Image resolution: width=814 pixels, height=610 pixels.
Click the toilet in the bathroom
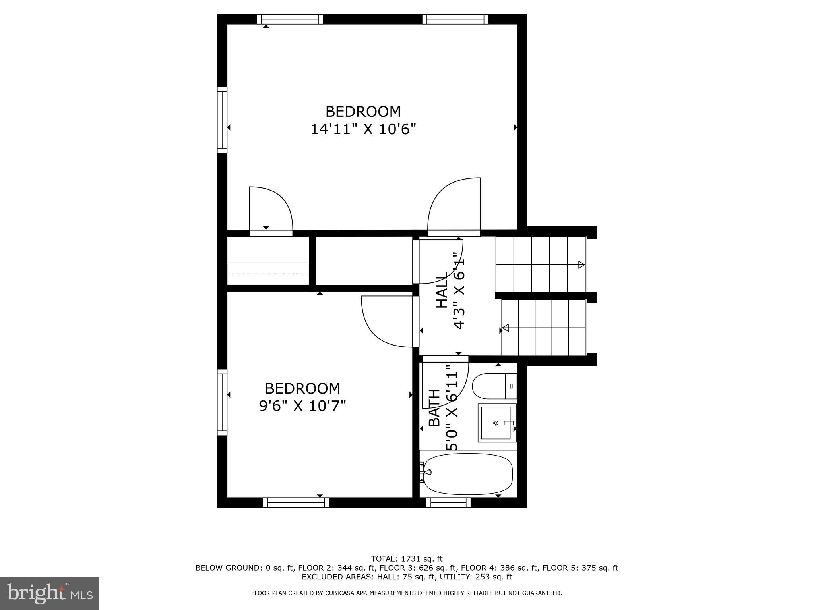pyautogui.click(x=493, y=386)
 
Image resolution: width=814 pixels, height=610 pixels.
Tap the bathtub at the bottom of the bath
pyautogui.click(x=468, y=474)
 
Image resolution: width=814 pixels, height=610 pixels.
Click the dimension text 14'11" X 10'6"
pyautogui.click(x=363, y=129)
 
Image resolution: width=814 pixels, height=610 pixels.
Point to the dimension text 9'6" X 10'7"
pyautogui.click(x=302, y=406)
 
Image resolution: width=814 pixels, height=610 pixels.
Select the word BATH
pyautogui.click(x=434, y=408)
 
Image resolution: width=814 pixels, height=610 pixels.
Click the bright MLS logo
pyautogui.click(x=49, y=593)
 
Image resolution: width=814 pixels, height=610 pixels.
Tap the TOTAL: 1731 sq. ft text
pyautogui.click(x=407, y=559)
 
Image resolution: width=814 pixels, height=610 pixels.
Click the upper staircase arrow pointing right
pyautogui.click(x=581, y=264)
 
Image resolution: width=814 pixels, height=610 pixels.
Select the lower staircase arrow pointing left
pyautogui.click(x=506, y=328)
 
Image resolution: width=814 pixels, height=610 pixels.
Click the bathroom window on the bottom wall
pyautogui.click(x=448, y=503)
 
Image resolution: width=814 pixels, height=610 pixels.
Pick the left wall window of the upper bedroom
pyautogui.click(x=222, y=120)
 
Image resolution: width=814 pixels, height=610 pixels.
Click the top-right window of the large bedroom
pyautogui.click(x=455, y=19)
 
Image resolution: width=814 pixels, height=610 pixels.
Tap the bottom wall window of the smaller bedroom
pyautogui.click(x=296, y=503)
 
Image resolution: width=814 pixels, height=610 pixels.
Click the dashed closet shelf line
pyautogui.click(x=269, y=274)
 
